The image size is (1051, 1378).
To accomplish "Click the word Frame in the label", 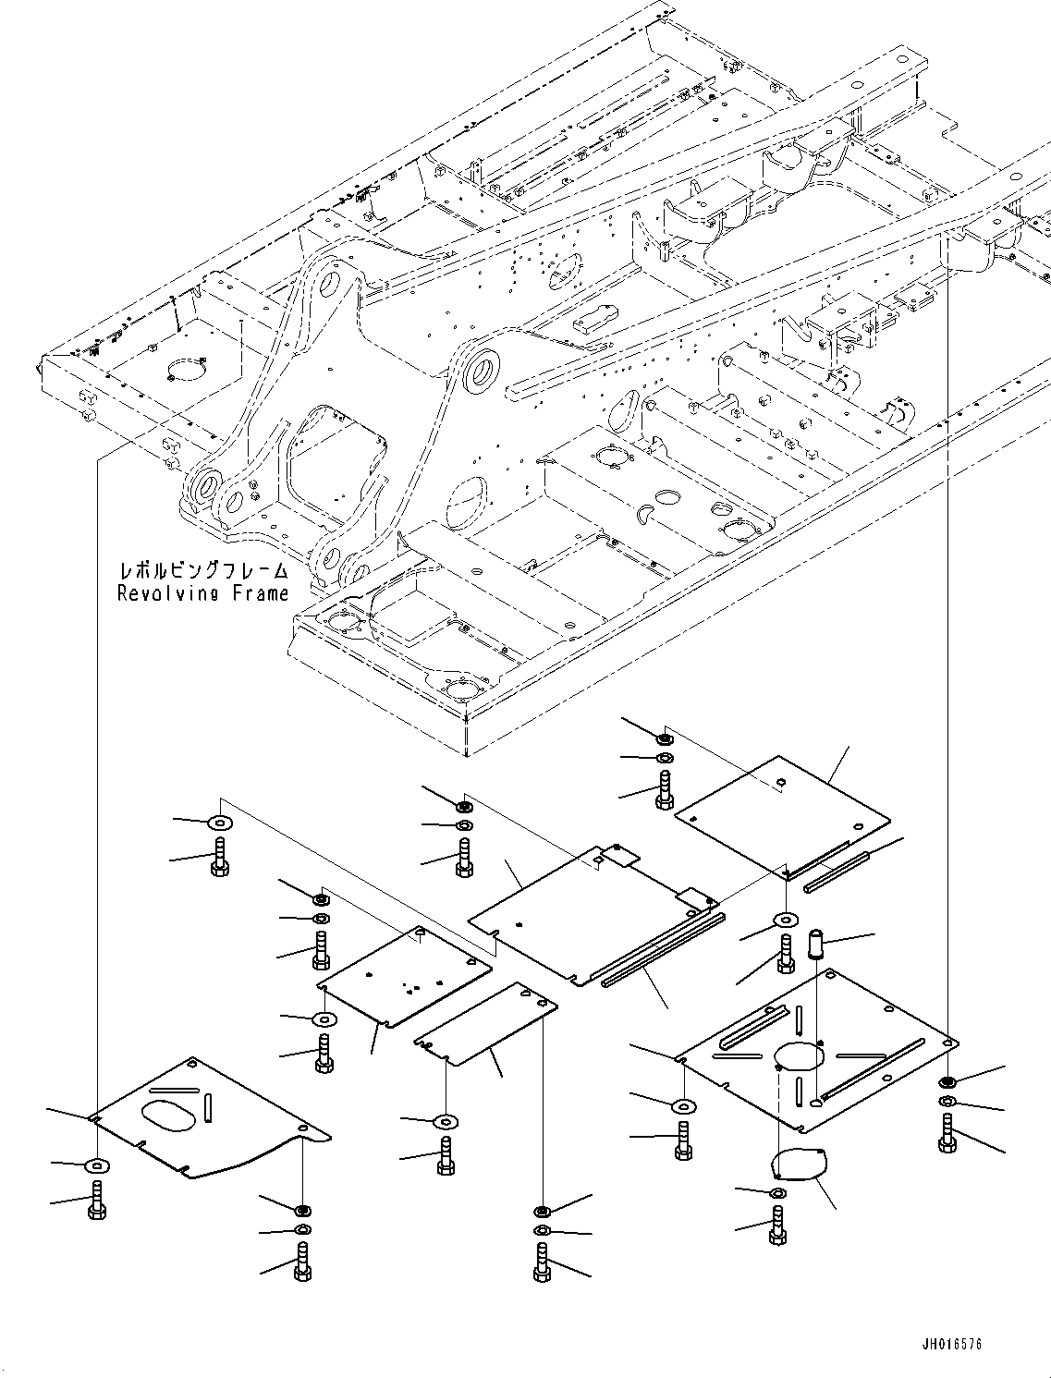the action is pyautogui.click(x=263, y=593).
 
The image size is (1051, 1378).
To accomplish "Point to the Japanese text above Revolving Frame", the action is pyautogui.click(x=203, y=570).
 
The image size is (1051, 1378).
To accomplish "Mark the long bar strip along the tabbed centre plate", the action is pyautogui.click(x=663, y=950).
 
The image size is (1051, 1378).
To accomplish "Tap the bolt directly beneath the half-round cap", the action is pyautogui.click(x=777, y=1225).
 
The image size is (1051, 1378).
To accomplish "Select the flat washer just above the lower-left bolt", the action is pyautogui.click(x=97, y=1165).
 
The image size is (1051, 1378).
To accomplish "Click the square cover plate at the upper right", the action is pyautogui.click(x=782, y=814).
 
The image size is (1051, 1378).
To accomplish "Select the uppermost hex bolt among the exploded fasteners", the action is pyautogui.click(x=665, y=789).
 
